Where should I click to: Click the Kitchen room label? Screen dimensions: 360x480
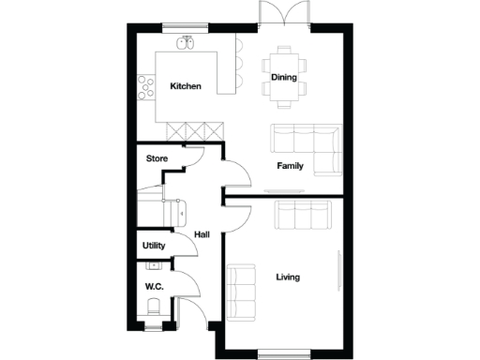(185, 86)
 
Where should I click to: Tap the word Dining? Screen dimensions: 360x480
(283, 78)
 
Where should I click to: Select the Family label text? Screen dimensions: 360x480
(290, 166)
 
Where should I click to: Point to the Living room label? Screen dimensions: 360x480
(289, 277)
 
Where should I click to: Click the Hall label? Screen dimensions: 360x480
(202, 234)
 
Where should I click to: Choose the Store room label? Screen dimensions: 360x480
(157, 159)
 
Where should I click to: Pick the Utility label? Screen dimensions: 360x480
(154, 246)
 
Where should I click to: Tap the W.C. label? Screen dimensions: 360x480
(154, 286)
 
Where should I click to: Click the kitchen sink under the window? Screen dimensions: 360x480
(186, 43)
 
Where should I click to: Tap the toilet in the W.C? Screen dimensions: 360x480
(153, 307)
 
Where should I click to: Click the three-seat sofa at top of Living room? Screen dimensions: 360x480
(302, 217)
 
